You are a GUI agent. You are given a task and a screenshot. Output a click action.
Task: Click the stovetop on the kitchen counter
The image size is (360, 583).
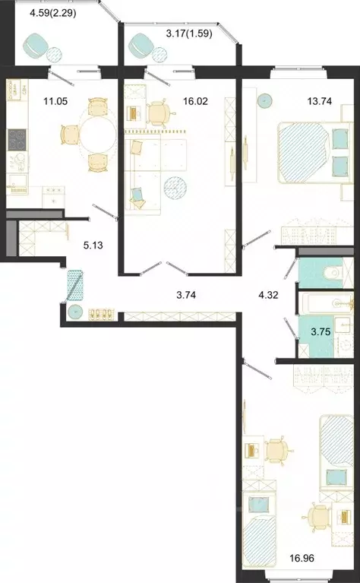16,139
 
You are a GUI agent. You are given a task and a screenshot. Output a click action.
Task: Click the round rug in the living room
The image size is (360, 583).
175,187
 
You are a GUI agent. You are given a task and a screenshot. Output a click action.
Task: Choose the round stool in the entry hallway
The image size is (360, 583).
74,312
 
